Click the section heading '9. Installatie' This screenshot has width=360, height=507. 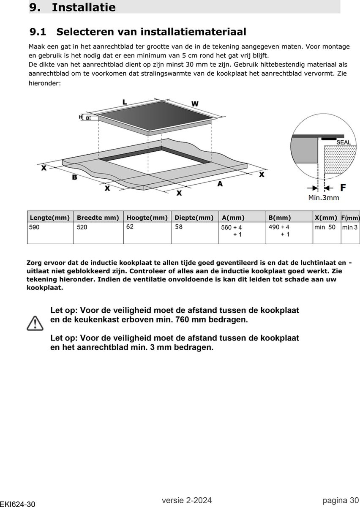[x=72, y=7]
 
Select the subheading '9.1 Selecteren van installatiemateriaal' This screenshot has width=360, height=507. [x=138, y=32]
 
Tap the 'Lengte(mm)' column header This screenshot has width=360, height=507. [x=49, y=218]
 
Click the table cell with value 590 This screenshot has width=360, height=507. [x=34, y=227]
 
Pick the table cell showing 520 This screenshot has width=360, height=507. [x=82, y=227]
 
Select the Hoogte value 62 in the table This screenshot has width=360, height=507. [x=130, y=227]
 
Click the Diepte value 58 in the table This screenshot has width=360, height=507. [x=179, y=227]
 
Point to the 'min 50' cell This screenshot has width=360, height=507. [x=325, y=227]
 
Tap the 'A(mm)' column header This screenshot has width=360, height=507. [x=233, y=218]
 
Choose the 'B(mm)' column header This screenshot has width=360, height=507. [x=280, y=218]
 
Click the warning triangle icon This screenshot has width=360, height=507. [x=35, y=323]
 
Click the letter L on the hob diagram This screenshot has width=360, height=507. [x=125, y=102]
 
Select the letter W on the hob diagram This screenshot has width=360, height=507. [x=195, y=104]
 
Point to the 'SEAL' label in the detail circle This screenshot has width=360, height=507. [x=344, y=142]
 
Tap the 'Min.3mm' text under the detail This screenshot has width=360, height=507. [x=324, y=197]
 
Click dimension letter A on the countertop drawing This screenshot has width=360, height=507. [x=220, y=184]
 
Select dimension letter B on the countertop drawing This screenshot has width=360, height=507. [x=74, y=177]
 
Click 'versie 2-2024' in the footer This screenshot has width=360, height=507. [x=186, y=500]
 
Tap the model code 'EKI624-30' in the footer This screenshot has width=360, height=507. [x=17, y=504]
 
